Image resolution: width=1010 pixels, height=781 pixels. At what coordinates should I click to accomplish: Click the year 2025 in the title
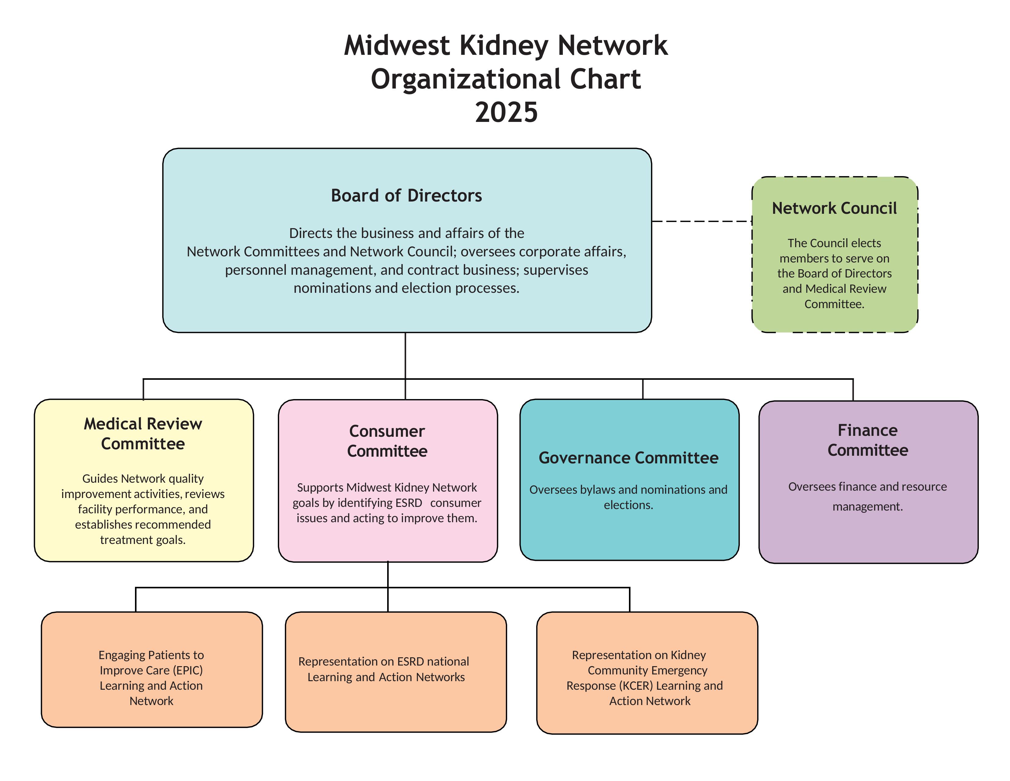(x=507, y=112)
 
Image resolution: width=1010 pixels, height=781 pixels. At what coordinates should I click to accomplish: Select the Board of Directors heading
(x=406, y=196)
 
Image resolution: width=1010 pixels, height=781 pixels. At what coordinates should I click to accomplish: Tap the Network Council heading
(x=834, y=208)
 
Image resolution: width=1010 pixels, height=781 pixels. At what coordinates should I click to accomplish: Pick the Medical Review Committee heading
(x=143, y=433)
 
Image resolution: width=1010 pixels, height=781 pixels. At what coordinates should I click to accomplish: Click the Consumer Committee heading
(x=387, y=441)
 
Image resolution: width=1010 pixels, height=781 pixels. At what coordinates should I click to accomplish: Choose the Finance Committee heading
(x=868, y=440)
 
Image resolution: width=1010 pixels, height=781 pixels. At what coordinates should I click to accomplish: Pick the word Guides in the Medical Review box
(x=99, y=478)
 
